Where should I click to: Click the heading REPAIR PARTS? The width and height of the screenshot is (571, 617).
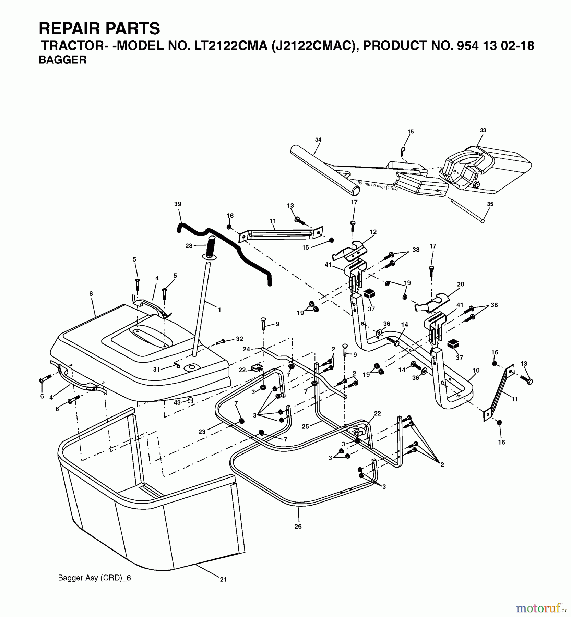tap(99, 28)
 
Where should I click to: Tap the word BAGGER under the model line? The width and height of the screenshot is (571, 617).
tap(62, 60)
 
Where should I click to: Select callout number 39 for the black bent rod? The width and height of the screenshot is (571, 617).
tap(178, 204)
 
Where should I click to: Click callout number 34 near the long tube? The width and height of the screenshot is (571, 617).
tap(318, 140)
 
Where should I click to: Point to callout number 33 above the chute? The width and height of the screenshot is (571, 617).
tap(483, 130)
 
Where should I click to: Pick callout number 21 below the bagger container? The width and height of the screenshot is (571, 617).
tap(223, 579)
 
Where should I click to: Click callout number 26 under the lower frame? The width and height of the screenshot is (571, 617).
tap(298, 526)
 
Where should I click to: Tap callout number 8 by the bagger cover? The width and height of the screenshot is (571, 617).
tap(91, 294)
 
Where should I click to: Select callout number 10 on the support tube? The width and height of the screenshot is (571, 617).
tap(476, 371)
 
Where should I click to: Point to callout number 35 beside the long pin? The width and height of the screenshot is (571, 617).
tap(490, 204)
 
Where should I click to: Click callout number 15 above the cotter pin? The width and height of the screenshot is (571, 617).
tap(411, 132)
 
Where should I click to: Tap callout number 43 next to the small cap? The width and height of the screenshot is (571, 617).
tap(177, 403)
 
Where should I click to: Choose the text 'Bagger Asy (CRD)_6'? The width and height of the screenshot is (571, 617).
tap(95, 578)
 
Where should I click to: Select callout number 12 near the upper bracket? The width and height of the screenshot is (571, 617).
tap(373, 232)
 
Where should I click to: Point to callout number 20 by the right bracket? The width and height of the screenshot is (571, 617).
tap(461, 284)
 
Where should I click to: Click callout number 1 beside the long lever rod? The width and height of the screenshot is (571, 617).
tap(219, 310)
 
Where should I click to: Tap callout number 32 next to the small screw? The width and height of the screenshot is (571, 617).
tap(239, 339)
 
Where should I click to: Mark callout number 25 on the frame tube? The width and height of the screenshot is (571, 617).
tap(305, 426)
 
